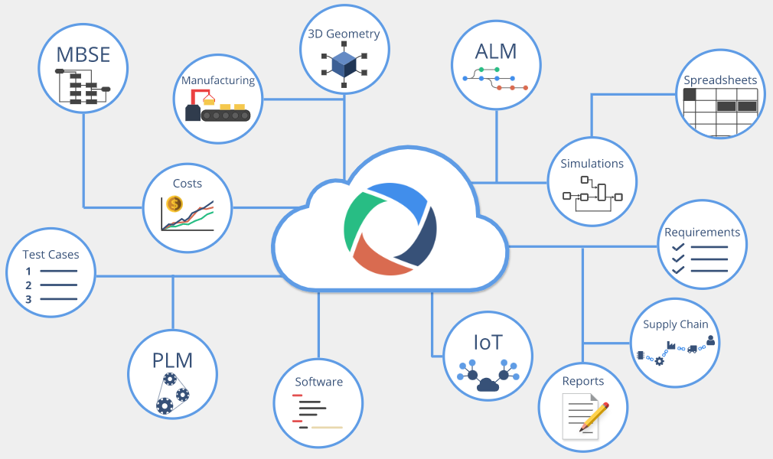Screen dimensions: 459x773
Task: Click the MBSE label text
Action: coord(83,55)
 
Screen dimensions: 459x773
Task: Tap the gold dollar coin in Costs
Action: coord(174,204)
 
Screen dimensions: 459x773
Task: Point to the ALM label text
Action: coord(495,51)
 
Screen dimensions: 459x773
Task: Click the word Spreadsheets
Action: coord(720,80)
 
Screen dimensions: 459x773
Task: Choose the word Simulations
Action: coord(592,164)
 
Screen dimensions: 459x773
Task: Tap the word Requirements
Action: coord(702,233)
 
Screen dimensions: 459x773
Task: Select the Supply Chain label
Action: coord(675,324)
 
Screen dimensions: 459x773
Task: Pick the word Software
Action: coord(318,382)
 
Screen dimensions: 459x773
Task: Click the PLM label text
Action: coord(171,360)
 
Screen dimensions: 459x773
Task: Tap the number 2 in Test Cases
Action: coord(28,285)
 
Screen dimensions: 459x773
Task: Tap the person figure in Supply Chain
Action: coord(710,340)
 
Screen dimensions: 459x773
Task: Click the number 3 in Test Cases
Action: coord(28,299)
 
